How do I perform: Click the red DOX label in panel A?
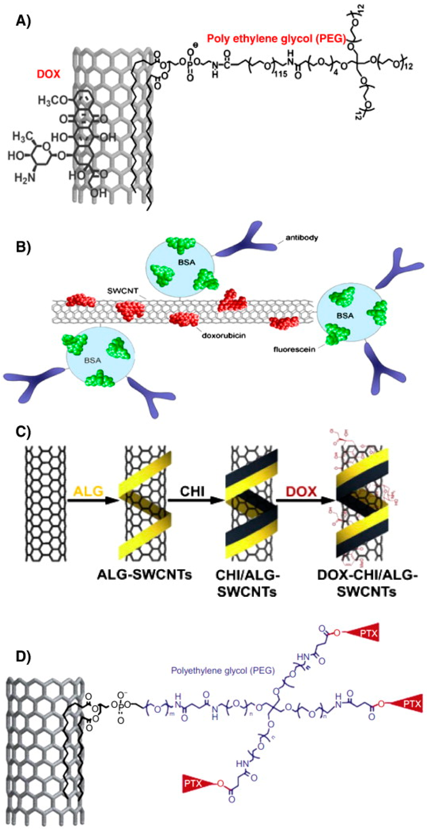(x=48, y=74)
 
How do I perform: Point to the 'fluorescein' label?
(x=294, y=349)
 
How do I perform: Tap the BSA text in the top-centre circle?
(x=187, y=262)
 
